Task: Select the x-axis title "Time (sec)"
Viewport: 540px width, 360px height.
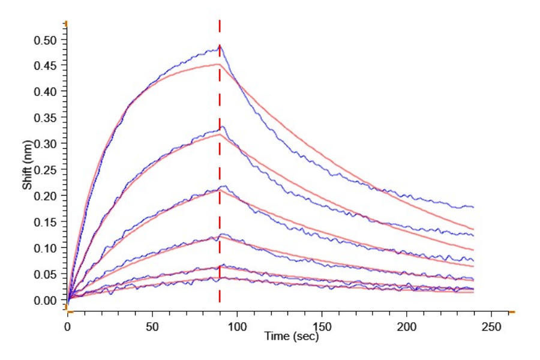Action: [292, 337]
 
